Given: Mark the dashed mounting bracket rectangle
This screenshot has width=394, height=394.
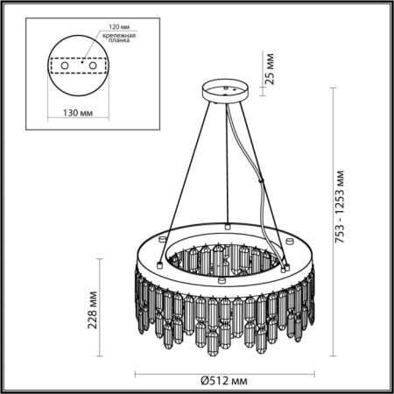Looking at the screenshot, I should click(80, 74).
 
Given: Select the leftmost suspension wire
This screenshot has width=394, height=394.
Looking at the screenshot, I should click(180, 175).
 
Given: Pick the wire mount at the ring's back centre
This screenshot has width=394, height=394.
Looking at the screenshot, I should click(226, 225).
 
